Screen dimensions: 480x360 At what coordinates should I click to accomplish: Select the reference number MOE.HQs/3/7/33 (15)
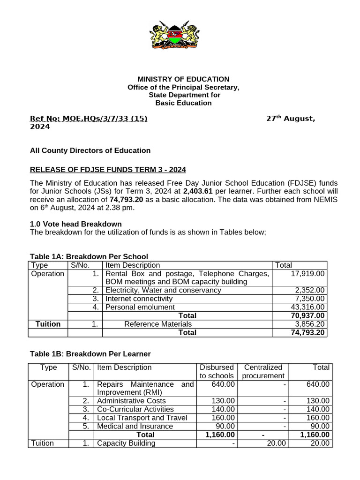pos(89,119)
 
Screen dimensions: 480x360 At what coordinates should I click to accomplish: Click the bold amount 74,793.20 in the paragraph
pos(126,199)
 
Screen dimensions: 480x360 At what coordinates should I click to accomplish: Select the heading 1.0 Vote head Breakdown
pos(75,224)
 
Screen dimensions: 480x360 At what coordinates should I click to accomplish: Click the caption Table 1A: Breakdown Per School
pos(89,256)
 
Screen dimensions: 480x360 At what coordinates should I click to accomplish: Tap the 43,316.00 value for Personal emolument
pos(307,307)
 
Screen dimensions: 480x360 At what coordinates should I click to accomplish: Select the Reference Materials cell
pos(158,323)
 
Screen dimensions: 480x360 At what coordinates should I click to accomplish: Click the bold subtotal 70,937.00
pos(307,315)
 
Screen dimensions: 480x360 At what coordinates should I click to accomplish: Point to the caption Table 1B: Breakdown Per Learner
pos(90,353)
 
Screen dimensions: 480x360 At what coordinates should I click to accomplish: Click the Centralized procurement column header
pos(263,371)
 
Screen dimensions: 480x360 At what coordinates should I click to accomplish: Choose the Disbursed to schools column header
pos(216,371)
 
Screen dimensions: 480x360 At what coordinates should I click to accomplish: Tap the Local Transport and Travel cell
pos(142,417)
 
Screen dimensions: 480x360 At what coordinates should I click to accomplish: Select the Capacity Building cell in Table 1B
pos(126,443)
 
